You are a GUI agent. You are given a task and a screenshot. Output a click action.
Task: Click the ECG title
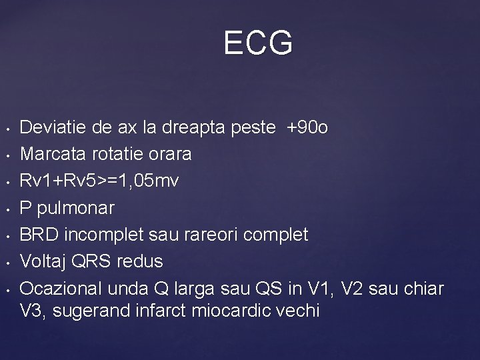(258, 44)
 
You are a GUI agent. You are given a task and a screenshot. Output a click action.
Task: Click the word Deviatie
(50, 128)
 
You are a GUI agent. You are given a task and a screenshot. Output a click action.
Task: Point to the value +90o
(307, 128)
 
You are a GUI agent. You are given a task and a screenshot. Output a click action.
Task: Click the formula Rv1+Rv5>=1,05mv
(99, 181)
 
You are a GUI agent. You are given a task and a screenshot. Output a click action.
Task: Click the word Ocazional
(57, 288)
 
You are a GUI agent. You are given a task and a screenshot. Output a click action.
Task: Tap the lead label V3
(32, 311)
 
